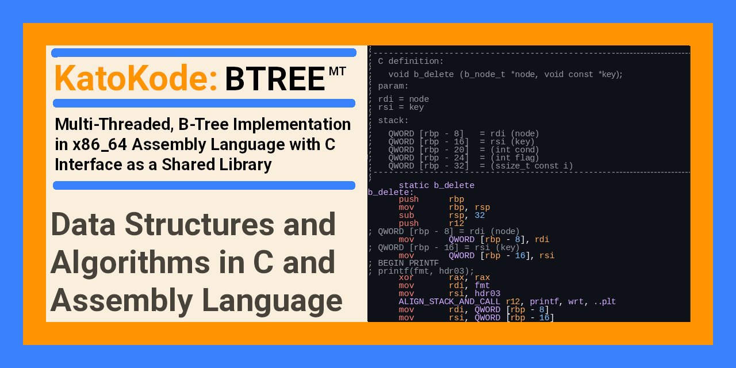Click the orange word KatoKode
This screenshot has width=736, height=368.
[135, 78]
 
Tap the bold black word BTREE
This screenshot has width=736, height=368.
[275, 79]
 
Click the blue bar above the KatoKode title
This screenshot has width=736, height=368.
[204, 53]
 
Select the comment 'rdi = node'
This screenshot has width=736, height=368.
[403, 99]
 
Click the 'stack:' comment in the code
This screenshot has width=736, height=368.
[393, 120]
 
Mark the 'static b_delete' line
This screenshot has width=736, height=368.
[436, 185]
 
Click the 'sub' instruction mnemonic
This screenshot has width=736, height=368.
[407, 215]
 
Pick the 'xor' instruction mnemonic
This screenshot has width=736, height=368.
[407, 277]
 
